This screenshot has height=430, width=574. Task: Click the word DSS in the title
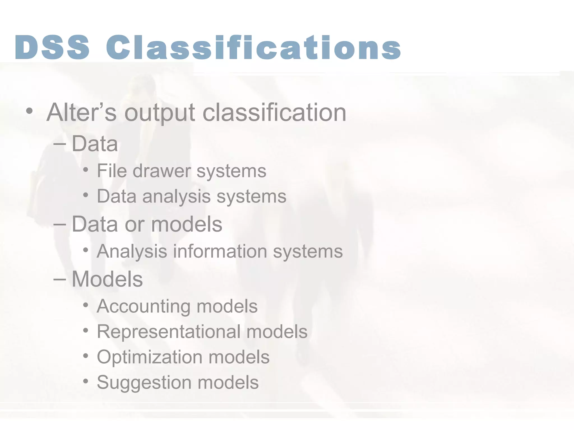(52, 47)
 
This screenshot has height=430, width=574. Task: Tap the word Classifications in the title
(253, 47)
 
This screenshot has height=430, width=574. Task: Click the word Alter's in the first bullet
(81, 113)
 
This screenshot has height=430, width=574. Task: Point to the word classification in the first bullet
(274, 113)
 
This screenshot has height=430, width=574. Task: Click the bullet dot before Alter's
(29, 111)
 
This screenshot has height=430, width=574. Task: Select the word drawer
(162, 171)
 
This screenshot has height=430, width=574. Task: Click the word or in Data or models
(134, 225)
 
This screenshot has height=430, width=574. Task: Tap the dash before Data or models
(59, 225)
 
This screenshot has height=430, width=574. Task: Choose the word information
(220, 251)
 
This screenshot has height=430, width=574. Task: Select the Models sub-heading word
(107, 279)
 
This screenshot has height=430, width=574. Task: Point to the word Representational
(168, 332)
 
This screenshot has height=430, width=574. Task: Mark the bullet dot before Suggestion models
(86, 381)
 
